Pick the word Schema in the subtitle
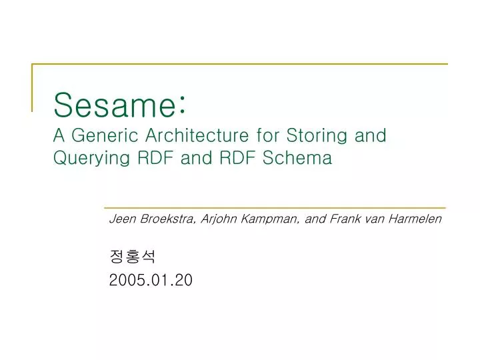pos(303,159)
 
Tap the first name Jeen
pos(120,219)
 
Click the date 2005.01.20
pos(151,281)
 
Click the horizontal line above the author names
pos(275,208)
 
